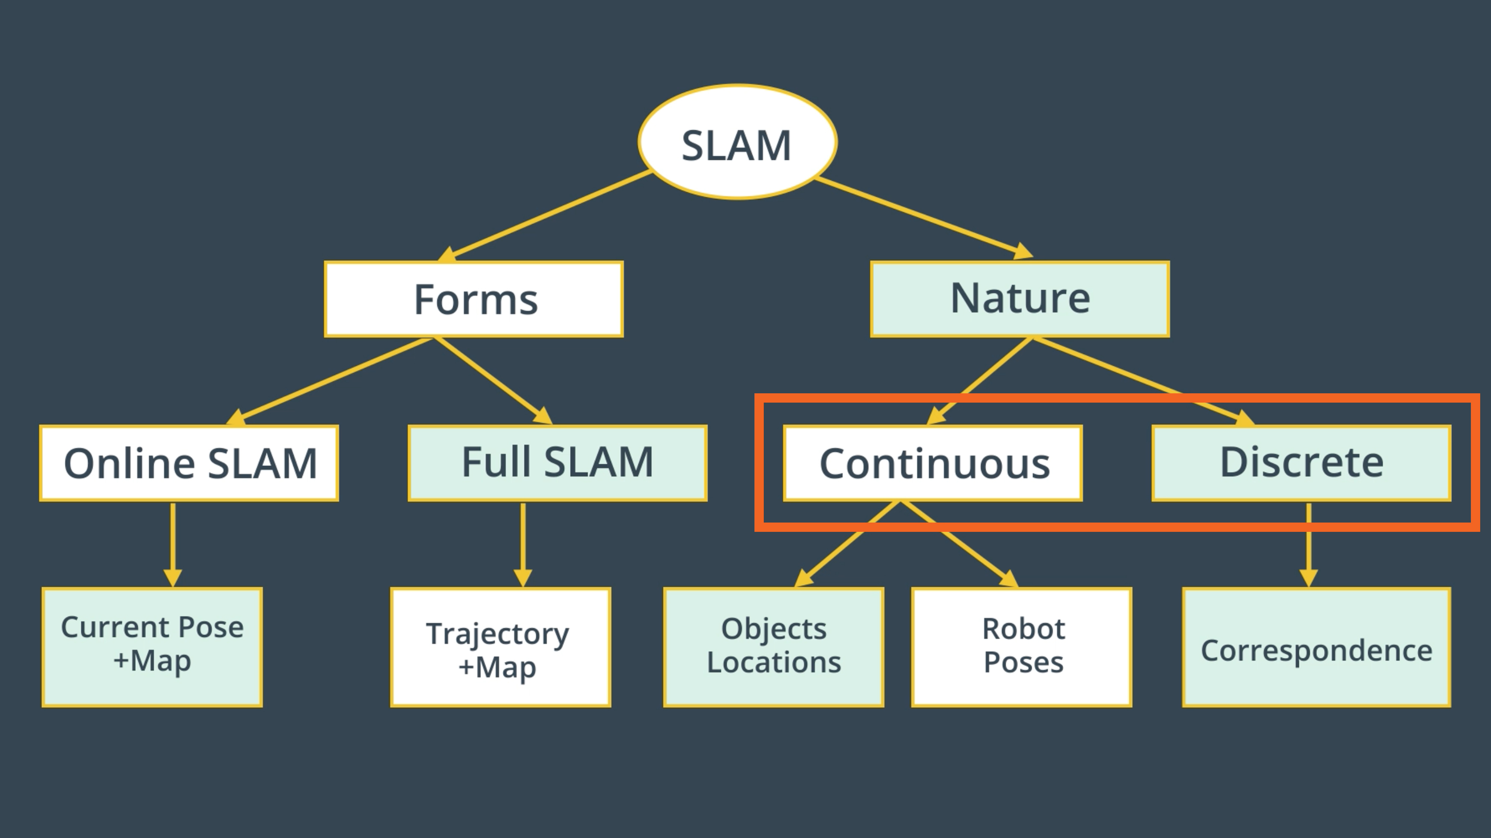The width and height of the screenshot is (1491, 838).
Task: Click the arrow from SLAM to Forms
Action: pos(550,215)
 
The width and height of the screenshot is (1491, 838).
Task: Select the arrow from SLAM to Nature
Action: pos(920,216)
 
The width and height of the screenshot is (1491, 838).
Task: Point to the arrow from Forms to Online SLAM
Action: pos(336,378)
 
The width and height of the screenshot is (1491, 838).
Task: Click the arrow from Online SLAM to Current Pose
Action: pos(173,544)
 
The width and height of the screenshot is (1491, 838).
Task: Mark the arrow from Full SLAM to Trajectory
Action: pos(523,544)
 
